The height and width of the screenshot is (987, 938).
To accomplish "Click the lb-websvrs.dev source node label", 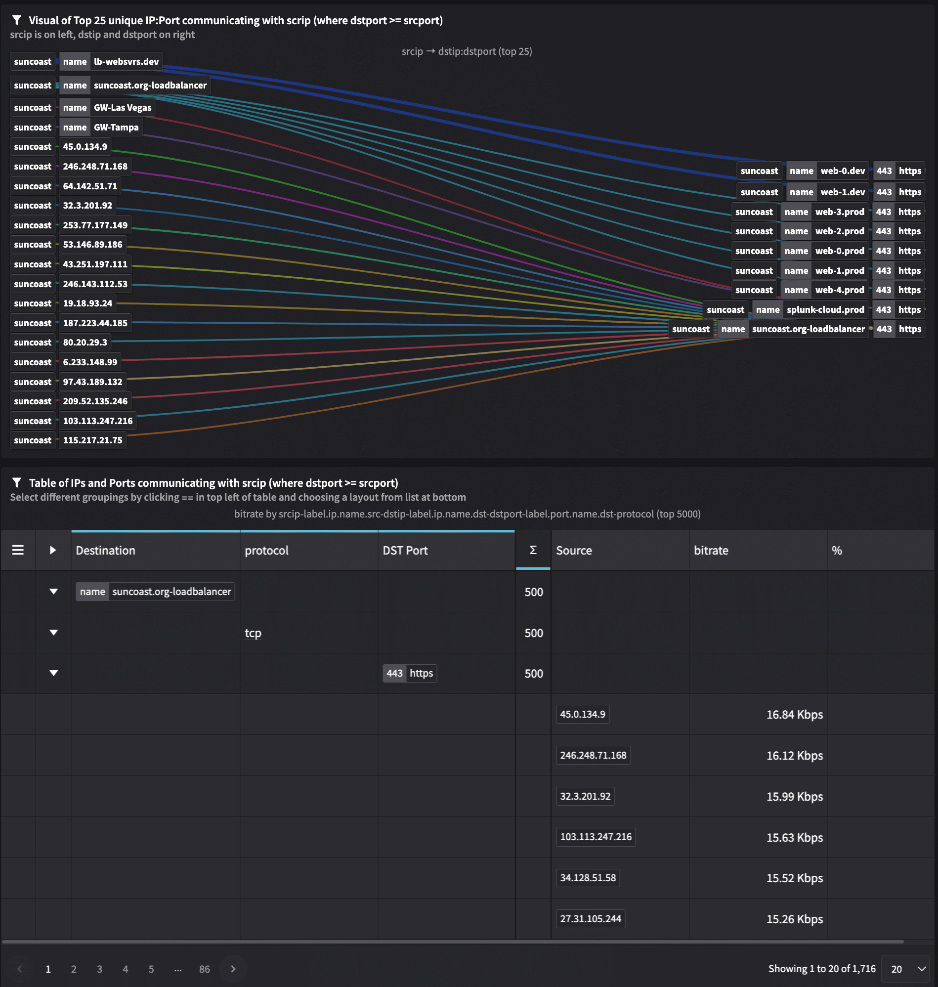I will tap(126, 61).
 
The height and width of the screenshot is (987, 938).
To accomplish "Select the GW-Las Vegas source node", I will tap(123, 108).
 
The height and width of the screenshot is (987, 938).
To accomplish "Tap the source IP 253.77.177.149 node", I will tap(95, 225).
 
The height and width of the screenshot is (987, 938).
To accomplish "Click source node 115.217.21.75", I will tap(92, 440).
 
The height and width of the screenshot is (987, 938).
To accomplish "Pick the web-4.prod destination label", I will tap(840, 290).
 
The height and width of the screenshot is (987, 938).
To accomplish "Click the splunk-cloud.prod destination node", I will tap(825, 309).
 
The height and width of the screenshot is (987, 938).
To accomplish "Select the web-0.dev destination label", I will tap(843, 171).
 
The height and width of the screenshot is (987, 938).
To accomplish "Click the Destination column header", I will tap(105, 551).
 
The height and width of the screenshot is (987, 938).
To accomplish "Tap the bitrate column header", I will tap(711, 551).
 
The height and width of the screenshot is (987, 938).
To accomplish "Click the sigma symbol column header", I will tap(533, 550).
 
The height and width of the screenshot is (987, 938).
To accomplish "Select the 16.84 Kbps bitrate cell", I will tap(794, 715).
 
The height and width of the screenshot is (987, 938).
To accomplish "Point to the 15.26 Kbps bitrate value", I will tap(794, 919).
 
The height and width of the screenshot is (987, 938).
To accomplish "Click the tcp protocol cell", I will tap(253, 633).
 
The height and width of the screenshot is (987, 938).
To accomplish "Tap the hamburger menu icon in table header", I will tap(18, 550).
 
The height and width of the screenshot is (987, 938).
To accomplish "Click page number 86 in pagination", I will tap(205, 969).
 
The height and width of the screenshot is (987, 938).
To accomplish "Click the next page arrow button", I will tap(233, 969).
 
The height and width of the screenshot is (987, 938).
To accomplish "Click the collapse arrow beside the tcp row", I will tap(53, 633).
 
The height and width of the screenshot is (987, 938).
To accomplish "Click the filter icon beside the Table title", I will tap(17, 482).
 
